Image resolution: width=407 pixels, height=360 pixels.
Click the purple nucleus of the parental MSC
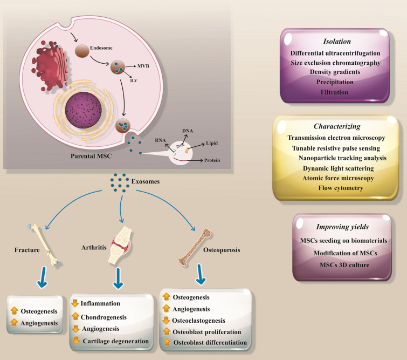click(x=84, y=110)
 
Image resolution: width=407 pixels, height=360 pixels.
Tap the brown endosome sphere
click(x=82, y=51)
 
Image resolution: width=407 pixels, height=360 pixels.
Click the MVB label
click(x=143, y=66)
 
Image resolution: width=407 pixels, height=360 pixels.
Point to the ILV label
click(x=133, y=80)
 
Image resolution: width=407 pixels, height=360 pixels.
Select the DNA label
click(x=188, y=131)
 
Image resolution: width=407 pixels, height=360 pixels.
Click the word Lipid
click(x=212, y=143)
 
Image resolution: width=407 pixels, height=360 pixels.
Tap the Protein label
click(x=212, y=160)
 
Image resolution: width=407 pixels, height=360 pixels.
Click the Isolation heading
click(x=337, y=42)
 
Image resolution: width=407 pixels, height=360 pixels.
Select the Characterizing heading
click(x=337, y=126)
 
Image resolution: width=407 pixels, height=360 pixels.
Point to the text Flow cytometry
click(x=341, y=188)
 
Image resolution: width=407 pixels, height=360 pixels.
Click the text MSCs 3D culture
click(x=344, y=265)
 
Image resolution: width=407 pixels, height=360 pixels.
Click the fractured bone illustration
click(x=43, y=245)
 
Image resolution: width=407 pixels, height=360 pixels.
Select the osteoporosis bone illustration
click(x=195, y=247)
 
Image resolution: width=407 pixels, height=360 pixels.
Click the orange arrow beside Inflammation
click(x=75, y=303)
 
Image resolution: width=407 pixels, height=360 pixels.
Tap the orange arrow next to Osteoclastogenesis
click(x=166, y=320)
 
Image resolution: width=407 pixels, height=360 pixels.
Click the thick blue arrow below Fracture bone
click(x=42, y=277)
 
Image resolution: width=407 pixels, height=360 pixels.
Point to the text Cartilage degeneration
click(x=116, y=341)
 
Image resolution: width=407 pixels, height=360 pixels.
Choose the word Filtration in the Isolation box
click(x=334, y=92)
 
